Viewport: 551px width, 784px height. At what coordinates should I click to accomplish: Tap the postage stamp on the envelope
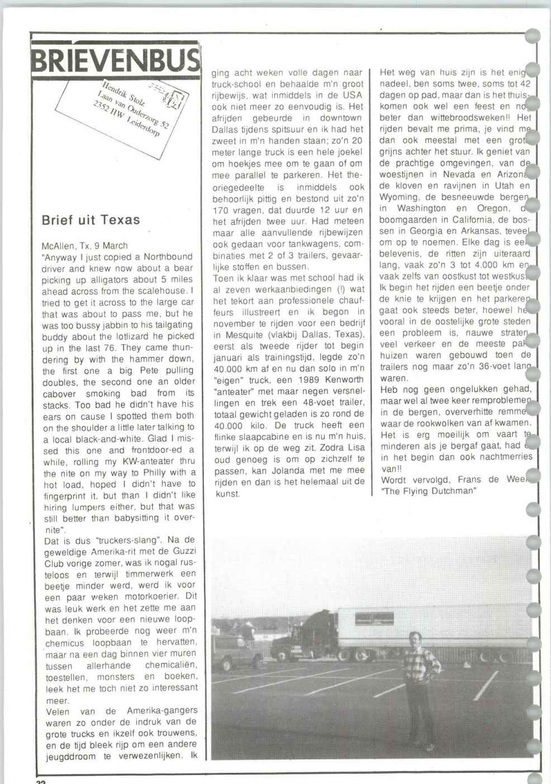coord(174,100)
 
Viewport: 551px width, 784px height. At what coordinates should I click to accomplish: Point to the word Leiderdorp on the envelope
coord(142,127)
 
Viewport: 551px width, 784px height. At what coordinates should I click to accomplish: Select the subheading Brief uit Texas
coord(91,220)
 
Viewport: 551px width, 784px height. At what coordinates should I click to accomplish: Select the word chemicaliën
coord(171,665)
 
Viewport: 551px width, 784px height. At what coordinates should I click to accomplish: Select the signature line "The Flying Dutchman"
coord(428,491)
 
